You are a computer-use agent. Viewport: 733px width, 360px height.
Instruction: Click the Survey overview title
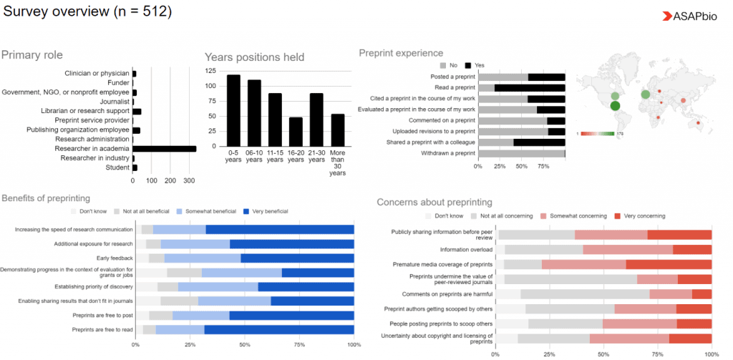[x=87, y=13]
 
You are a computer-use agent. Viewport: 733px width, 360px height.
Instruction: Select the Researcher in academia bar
[x=164, y=149]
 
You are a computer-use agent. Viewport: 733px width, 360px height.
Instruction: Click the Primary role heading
[x=32, y=55]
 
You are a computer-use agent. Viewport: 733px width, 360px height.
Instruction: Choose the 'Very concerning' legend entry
[x=644, y=215]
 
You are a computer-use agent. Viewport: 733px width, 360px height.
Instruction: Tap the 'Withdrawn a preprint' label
[x=445, y=152]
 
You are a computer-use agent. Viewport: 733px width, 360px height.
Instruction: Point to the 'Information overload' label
[x=466, y=250]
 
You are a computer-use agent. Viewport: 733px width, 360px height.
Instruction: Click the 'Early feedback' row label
[x=115, y=258]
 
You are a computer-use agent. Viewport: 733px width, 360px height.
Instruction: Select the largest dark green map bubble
[x=615, y=107]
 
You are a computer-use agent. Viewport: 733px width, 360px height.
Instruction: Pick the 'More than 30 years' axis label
[x=337, y=162]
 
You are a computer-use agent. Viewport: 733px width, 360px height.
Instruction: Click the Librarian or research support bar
[x=137, y=112]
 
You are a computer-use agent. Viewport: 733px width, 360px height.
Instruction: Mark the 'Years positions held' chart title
[x=254, y=57]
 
